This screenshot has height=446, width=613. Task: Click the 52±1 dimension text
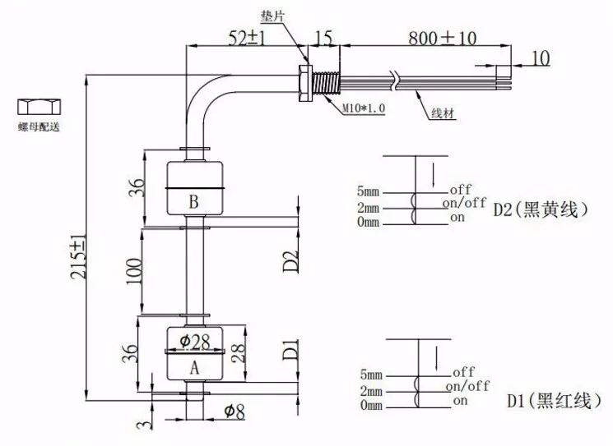(247, 39)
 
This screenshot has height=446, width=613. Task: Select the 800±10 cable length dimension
(442, 39)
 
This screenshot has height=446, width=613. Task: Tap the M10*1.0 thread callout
(364, 108)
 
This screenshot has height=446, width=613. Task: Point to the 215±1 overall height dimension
(78, 257)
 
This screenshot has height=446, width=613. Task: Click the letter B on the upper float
(193, 202)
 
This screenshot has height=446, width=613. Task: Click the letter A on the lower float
(194, 368)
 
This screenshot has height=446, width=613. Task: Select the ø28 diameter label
(195, 342)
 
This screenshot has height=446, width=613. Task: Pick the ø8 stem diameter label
(235, 411)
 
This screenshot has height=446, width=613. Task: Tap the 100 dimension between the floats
(134, 270)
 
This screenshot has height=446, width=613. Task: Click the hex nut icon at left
(39, 107)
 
